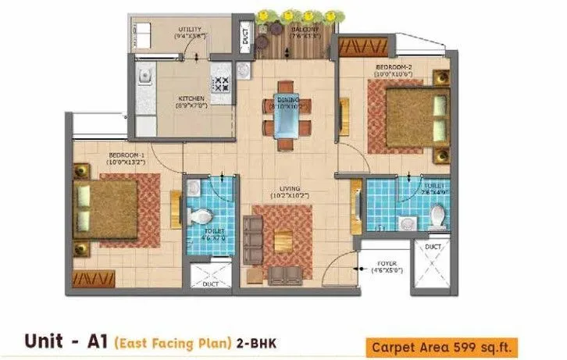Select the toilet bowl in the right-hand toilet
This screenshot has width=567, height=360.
(437, 212)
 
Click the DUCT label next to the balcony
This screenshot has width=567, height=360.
(245, 37)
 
